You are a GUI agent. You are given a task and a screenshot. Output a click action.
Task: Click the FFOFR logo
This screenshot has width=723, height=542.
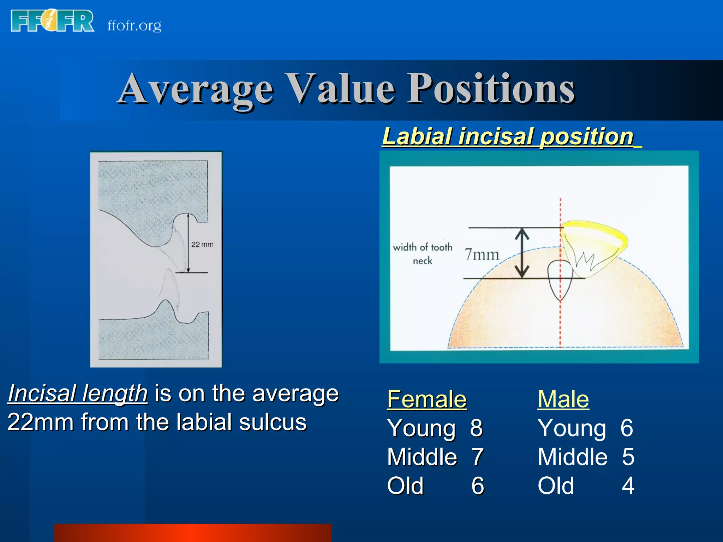(x=52, y=21)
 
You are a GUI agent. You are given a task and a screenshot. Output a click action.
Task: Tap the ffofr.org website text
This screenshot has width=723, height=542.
(x=135, y=25)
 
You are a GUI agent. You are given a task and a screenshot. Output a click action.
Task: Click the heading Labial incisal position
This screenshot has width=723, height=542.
(x=508, y=137)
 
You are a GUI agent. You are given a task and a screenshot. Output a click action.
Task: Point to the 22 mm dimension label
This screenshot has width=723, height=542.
(x=202, y=244)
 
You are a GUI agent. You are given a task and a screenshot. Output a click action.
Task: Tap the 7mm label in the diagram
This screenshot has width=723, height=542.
(x=482, y=254)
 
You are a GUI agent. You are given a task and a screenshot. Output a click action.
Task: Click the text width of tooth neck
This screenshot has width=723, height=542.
(x=423, y=253)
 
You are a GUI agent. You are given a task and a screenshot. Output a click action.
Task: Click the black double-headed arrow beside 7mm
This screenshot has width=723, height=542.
(x=522, y=253)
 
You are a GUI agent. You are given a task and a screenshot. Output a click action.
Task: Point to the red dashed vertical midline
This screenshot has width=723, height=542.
(x=560, y=318)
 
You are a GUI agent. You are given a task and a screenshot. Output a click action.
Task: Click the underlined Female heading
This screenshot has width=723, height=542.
(x=427, y=399)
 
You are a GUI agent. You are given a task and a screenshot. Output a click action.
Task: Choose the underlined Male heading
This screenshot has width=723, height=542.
(x=563, y=399)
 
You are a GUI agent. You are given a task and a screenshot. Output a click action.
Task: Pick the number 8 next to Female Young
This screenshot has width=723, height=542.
(x=476, y=428)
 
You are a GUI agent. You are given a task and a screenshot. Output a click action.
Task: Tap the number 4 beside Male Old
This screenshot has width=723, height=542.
(x=628, y=486)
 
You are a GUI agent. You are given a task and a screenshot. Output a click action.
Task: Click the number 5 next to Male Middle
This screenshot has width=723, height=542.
(x=628, y=457)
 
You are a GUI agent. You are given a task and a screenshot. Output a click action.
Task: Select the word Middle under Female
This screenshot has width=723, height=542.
(x=422, y=457)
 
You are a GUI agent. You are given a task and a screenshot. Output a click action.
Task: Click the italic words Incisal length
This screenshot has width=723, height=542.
(x=78, y=393)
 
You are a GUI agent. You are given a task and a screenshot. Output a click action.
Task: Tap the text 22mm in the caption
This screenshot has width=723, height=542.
(x=40, y=422)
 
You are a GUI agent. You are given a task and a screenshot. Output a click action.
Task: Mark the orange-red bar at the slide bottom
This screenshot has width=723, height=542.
(x=193, y=533)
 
